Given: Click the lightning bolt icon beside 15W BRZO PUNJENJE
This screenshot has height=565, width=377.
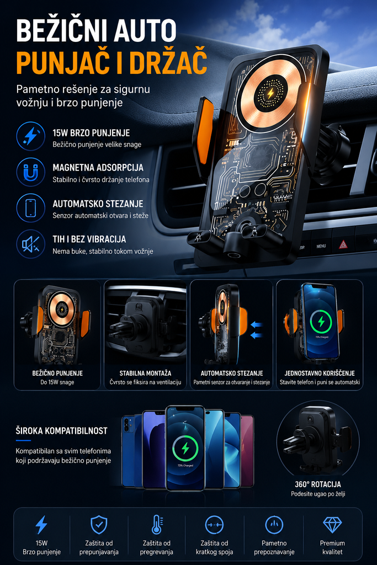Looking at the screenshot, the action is point(31,136).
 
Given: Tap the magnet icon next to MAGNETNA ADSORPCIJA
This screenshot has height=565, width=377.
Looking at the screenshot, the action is point(31,172).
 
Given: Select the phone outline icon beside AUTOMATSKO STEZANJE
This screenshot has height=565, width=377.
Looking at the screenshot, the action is point(31,208).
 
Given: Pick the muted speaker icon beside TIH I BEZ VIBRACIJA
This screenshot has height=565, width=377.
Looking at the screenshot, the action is point(31,244).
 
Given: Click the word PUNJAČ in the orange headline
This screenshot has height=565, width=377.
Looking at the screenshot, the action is point(61,62).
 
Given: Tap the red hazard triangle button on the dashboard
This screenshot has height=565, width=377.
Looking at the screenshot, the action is point(343,244).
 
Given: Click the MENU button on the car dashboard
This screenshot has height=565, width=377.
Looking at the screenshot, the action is point(321,246).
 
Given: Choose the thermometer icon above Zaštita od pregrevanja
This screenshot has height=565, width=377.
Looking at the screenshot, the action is point(157,524).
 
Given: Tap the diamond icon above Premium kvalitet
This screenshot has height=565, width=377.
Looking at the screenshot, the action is point(332,525).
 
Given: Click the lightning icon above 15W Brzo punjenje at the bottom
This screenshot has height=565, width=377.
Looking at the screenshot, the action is point(41,525).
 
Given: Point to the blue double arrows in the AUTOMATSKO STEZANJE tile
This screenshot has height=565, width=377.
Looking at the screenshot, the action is point(256,330).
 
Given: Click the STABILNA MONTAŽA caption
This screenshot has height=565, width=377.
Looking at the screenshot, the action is point(145,374).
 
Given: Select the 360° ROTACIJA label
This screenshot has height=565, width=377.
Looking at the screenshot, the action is point(318,484).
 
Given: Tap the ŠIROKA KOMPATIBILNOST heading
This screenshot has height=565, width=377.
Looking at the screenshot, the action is point(62,430).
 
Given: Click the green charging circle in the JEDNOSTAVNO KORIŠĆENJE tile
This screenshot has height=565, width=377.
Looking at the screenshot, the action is point(321,322).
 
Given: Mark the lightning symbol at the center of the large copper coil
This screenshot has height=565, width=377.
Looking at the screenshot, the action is point(270,94).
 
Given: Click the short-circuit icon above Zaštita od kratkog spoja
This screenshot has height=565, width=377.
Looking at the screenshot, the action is point(215,525).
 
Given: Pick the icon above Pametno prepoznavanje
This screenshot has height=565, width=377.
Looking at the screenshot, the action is point(274,525).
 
